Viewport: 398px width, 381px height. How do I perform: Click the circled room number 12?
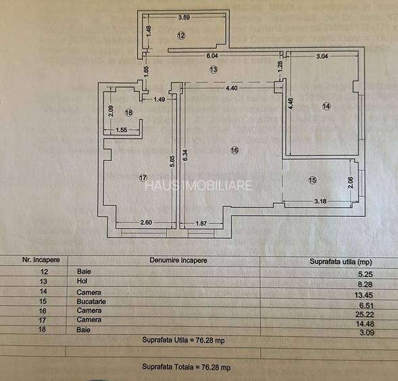[x=181, y=35]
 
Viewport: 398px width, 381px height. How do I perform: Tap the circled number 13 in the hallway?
[x=213, y=69]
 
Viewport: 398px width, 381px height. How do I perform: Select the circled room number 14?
[x=326, y=106]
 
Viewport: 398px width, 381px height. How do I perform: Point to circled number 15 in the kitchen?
[x=312, y=179]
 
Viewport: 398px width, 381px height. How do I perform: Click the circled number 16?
[x=234, y=150]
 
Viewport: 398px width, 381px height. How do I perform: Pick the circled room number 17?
[x=143, y=177]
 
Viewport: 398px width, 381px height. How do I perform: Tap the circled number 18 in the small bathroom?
[x=129, y=112]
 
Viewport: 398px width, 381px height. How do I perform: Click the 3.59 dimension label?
[x=184, y=18]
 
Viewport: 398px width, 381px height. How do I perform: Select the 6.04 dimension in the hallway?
[x=212, y=56]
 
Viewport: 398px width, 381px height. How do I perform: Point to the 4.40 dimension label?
[x=231, y=88]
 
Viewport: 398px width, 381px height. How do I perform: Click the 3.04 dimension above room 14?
[x=323, y=58]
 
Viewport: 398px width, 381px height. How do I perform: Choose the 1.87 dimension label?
[x=201, y=223]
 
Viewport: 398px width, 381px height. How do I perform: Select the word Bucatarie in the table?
[x=92, y=301]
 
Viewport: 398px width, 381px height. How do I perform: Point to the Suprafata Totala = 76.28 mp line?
[x=186, y=367]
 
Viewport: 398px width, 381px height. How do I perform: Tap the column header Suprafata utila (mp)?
[x=341, y=261]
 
